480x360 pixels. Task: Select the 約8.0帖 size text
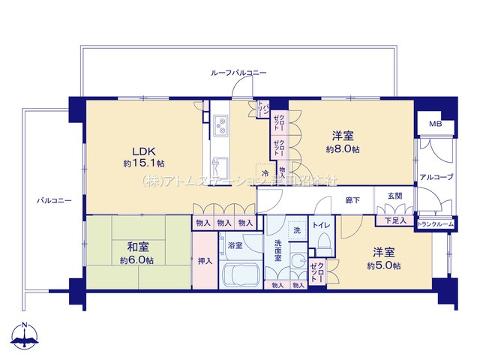343,150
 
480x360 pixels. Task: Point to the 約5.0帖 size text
383,266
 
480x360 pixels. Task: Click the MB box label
435,124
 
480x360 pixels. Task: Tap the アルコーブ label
435,177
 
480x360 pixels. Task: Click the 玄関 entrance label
394,198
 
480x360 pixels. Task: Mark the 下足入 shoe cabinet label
394,220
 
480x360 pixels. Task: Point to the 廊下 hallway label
352,199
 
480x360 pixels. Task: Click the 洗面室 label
277,250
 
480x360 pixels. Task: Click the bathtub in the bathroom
242,274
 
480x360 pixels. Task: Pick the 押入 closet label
204,262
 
